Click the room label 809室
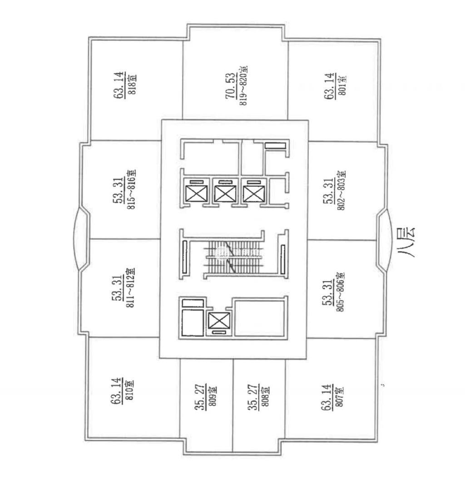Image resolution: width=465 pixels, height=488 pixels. [x=212, y=396]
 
